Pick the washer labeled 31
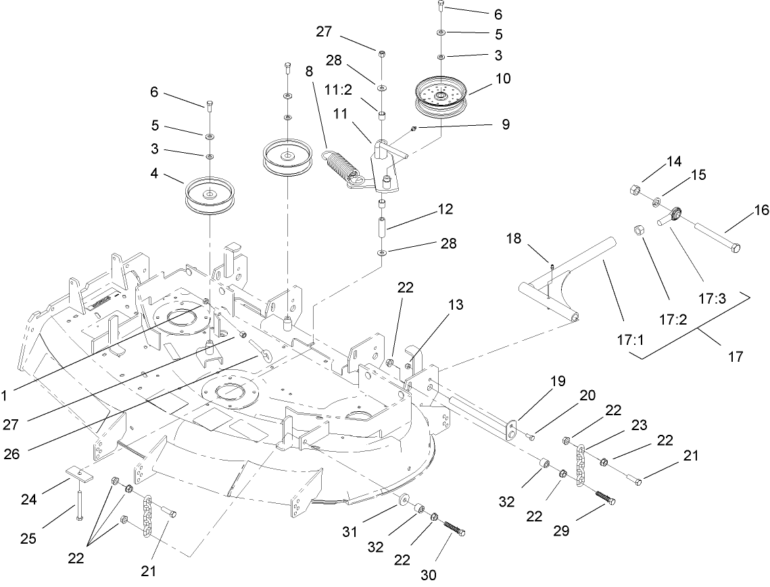(404, 500)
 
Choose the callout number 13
(455, 305)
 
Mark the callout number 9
(505, 124)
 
